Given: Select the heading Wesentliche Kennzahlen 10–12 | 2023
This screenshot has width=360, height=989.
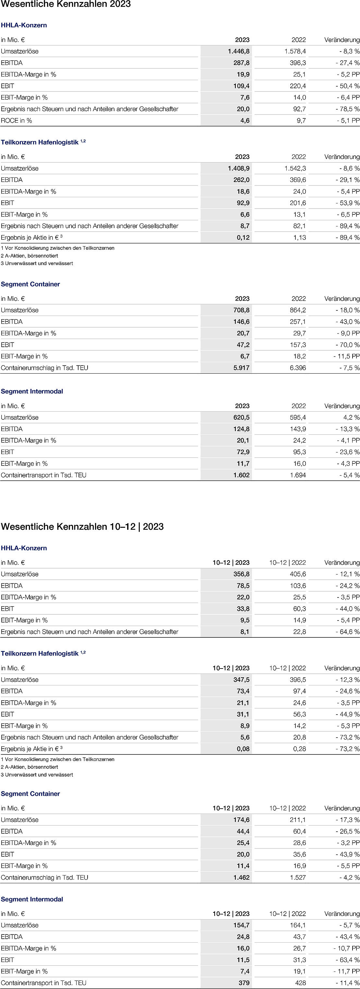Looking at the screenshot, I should point(82,526).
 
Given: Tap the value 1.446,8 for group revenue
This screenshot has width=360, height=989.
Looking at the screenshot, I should point(238,51).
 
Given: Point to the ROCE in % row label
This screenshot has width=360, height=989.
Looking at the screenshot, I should point(17,121).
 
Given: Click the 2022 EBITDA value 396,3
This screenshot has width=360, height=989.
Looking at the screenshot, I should point(298,63).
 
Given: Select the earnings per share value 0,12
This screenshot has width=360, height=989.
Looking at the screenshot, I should point(243,238).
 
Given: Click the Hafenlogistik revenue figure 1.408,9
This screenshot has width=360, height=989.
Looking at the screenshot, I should point(238,168).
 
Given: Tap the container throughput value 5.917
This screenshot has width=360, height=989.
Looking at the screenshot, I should point(241,368).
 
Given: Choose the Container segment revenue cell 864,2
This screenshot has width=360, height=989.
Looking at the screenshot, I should point(298,310).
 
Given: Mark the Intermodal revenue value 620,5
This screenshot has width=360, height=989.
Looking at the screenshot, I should point(240,417).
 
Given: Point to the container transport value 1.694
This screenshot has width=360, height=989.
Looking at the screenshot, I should point(298,475).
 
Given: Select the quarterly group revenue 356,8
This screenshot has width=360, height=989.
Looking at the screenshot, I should point(241,574).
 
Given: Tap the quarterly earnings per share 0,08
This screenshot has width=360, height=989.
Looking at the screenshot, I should point(243,749).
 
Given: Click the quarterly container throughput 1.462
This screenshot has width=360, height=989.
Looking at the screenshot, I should point(241,877).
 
